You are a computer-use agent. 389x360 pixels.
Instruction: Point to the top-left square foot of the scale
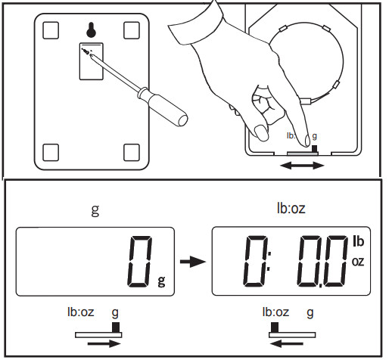pos(51,29)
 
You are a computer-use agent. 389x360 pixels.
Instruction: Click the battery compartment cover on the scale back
pos(90,61)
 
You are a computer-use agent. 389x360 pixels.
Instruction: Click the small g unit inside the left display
pos(160,281)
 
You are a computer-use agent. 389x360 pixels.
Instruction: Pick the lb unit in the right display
pos(359,242)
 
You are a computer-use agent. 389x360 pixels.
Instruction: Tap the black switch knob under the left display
pos(116,326)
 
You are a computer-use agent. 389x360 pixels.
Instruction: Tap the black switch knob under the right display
pos(275,326)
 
